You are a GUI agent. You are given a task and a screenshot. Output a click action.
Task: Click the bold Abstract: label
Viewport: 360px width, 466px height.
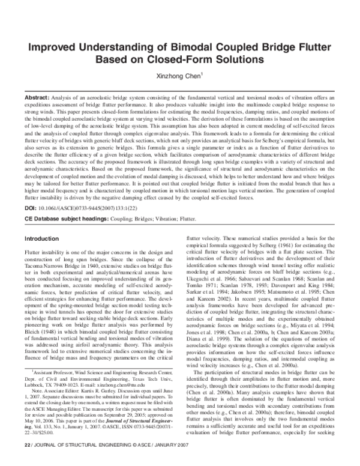click(x=37, y=97)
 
